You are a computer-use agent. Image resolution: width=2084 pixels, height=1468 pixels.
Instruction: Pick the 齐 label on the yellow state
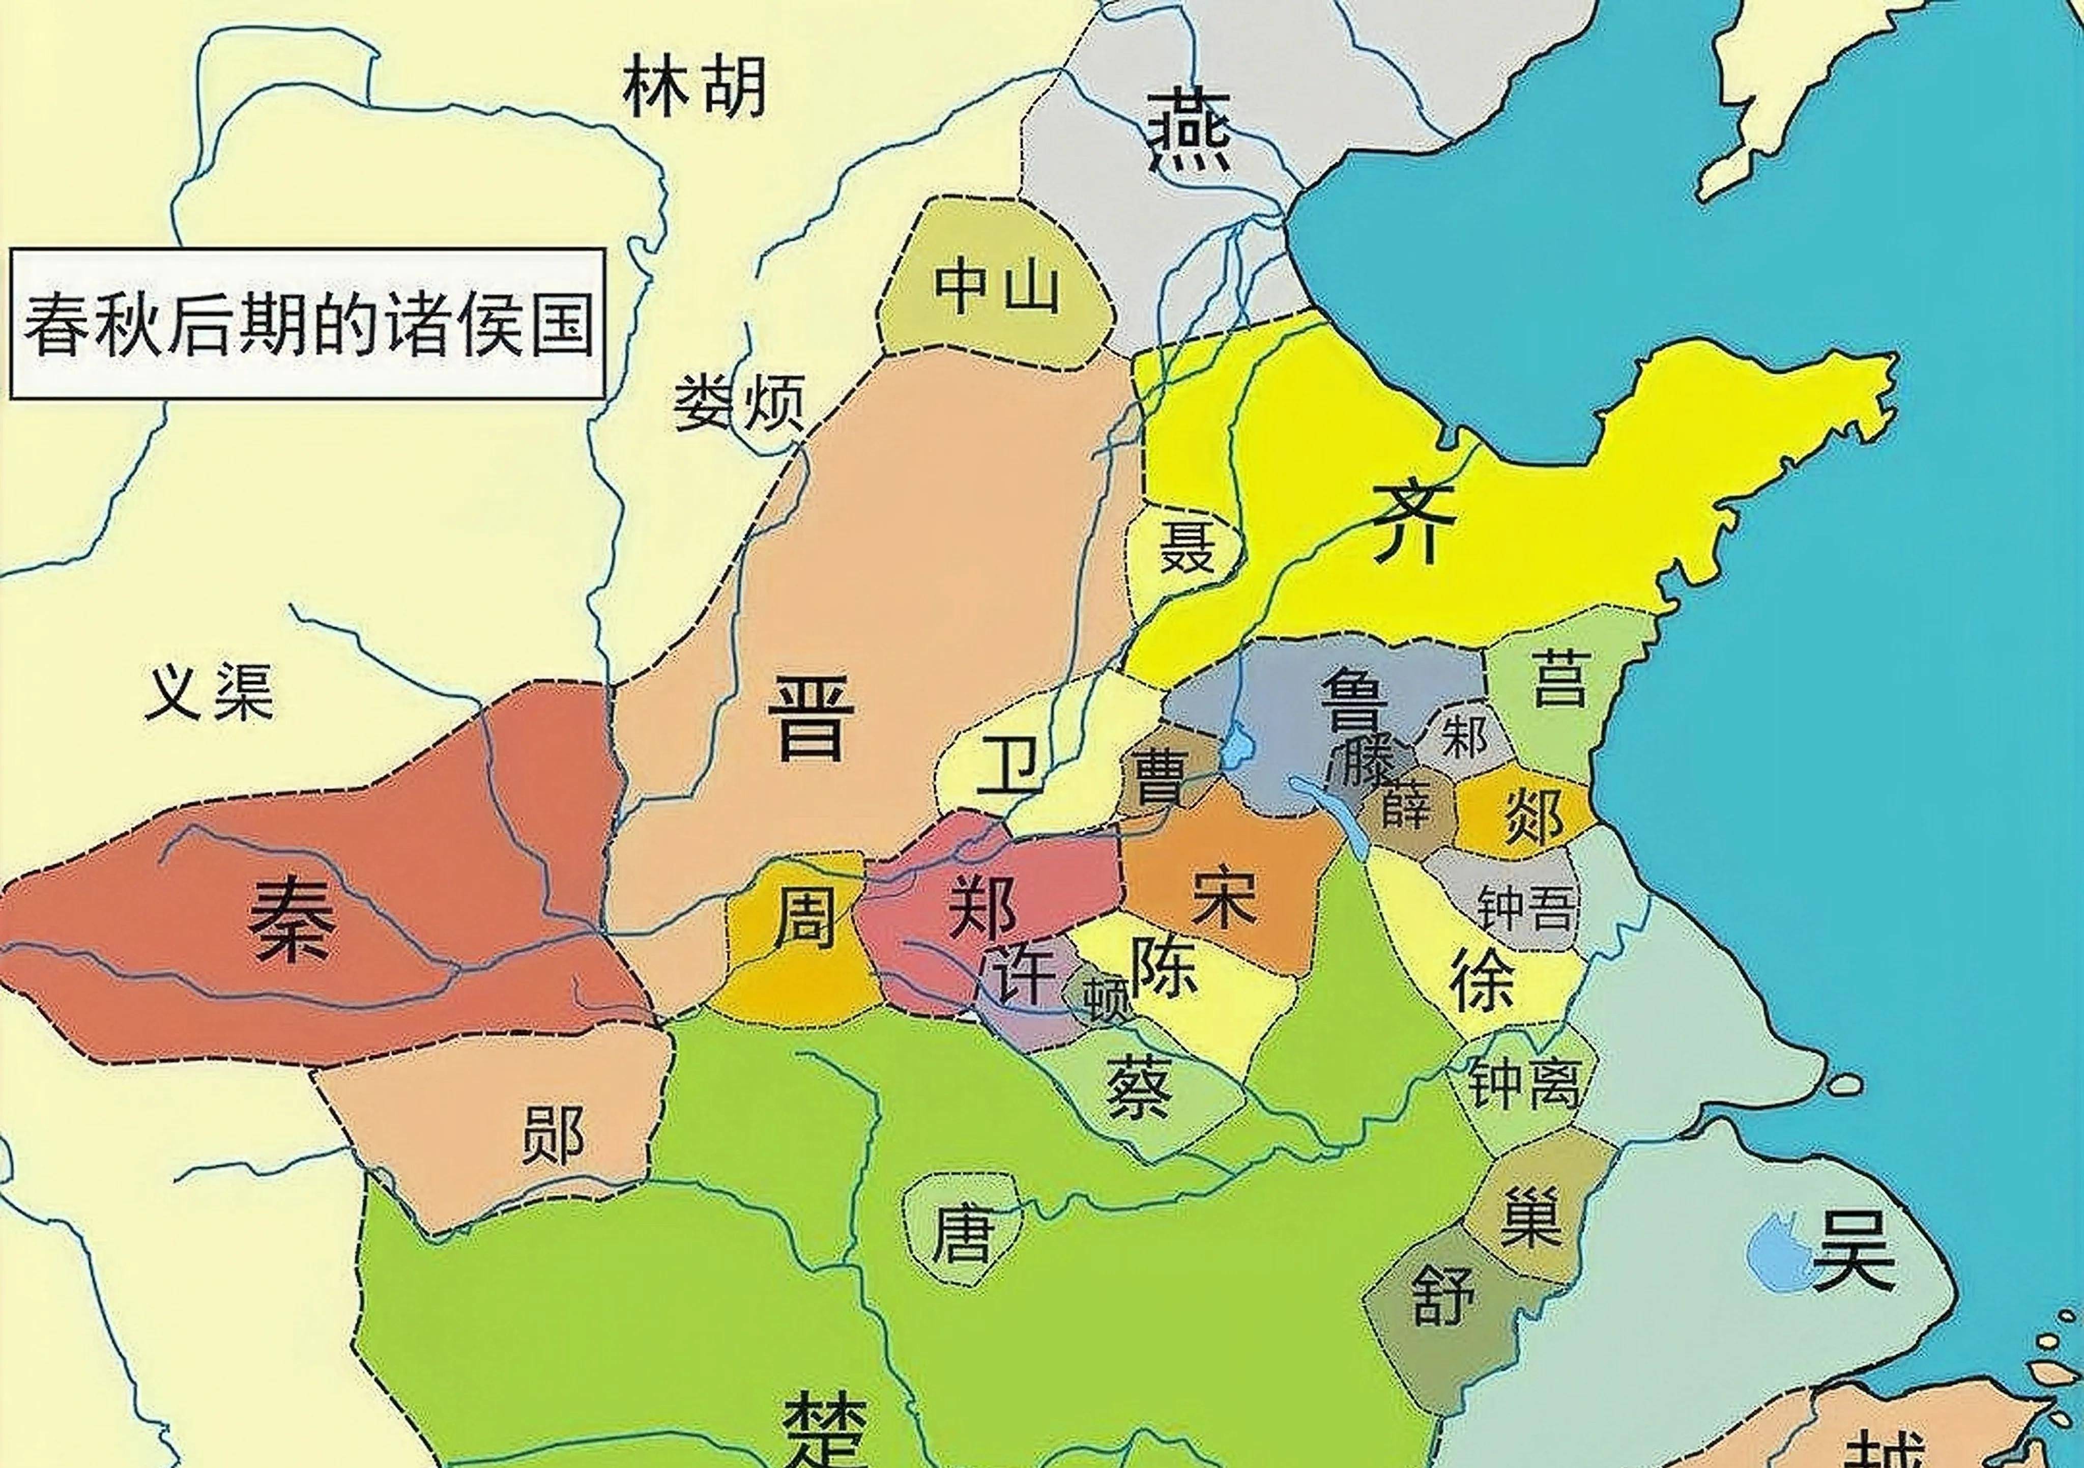coord(1413,522)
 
